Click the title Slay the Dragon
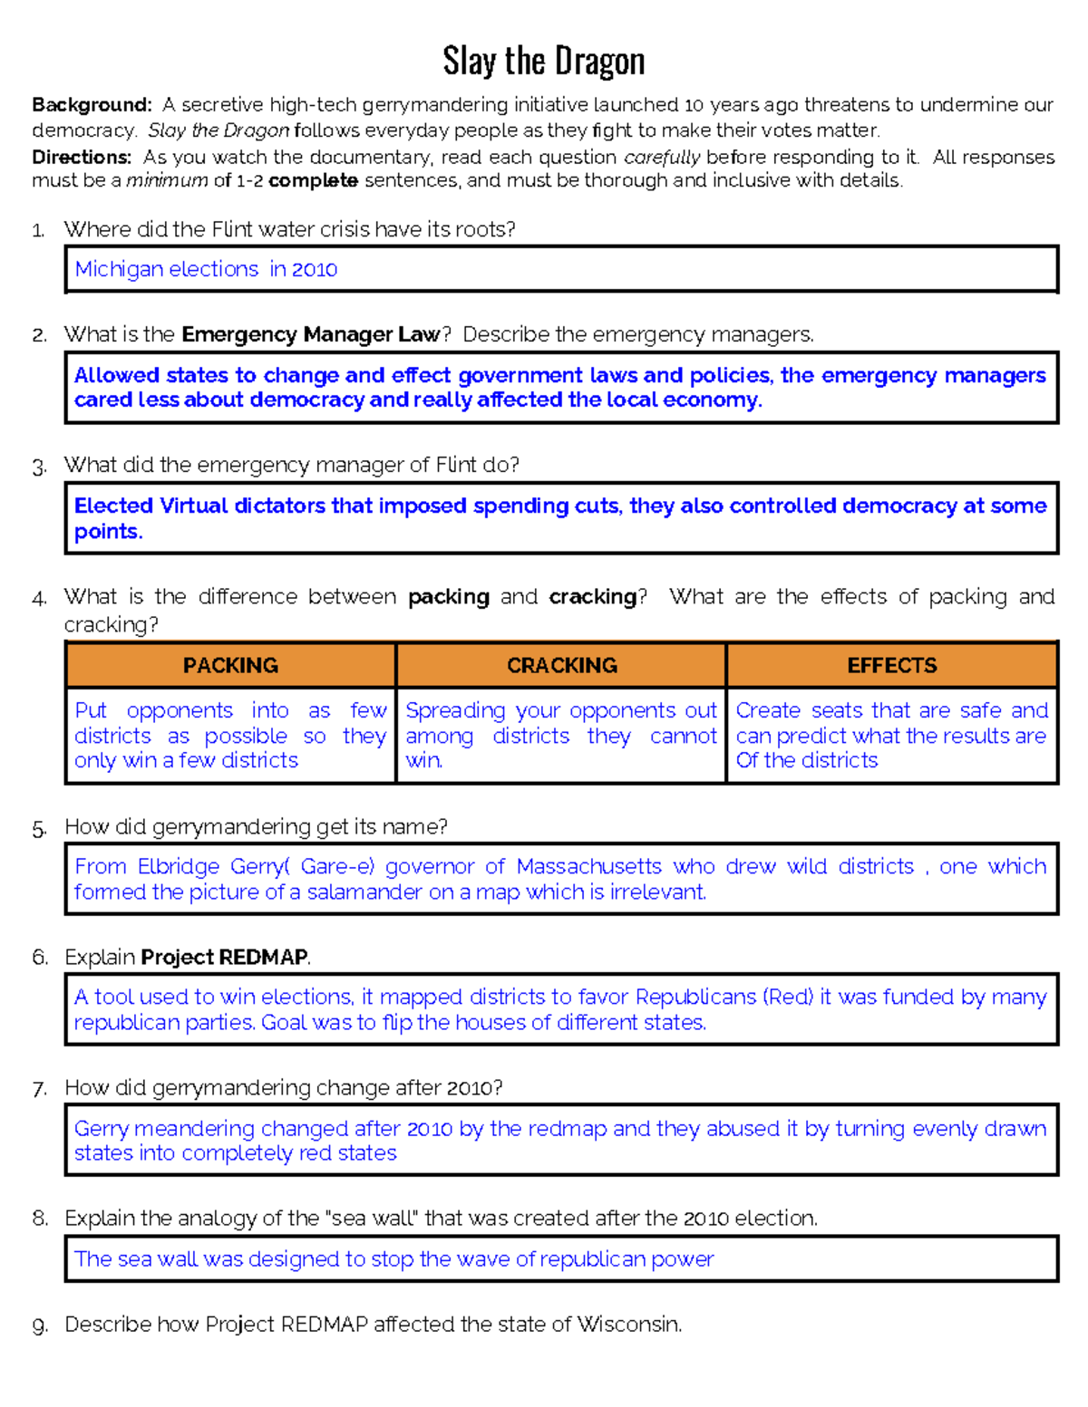coord(543,62)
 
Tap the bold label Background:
coord(92,105)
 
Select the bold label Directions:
coord(82,157)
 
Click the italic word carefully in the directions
coord(662,157)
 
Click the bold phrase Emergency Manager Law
coord(311,334)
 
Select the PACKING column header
coord(230,666)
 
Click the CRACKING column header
coord(561,666)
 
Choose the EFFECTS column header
coord(892,666)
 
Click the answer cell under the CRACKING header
coord(561,735)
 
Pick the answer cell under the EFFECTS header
coord(892,735)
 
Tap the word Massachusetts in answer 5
coord(588,866)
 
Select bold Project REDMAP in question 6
coord(224,958)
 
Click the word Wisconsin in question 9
coord(627,1325)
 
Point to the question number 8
coord(40,1219)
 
